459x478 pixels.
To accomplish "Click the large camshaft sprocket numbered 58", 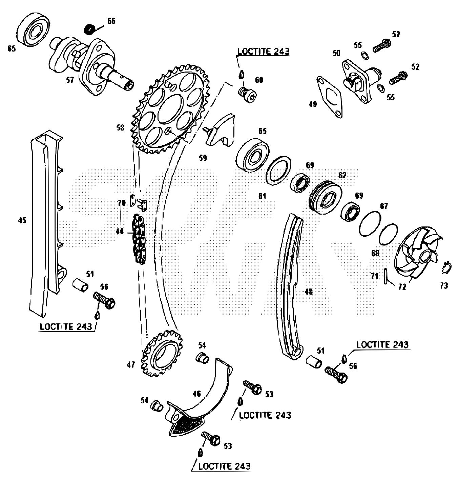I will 169,108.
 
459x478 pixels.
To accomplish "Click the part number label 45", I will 22,220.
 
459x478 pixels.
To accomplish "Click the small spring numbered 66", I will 89,29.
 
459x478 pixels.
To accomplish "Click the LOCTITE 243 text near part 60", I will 263,52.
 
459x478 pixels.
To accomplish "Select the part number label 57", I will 70,80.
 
